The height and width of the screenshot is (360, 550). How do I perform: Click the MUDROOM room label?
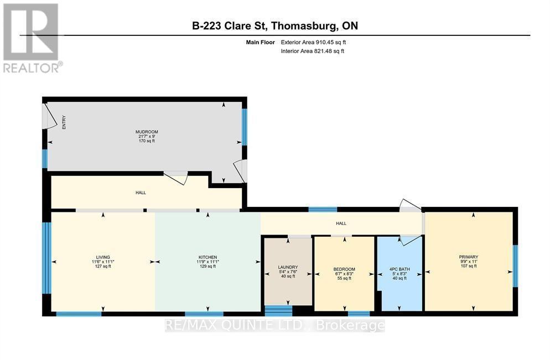pyautogui.click(x=147, y=132)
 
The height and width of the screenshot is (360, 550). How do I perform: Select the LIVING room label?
pyautogui.click(x=102, y=257)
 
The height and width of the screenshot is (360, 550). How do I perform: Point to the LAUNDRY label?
pyautogui.click(x=288, y=267)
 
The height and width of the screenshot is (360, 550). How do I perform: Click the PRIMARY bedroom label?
pyautogui.click(x=468, y=257)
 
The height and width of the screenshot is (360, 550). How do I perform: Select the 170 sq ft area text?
pyautogui.click(x=147, y=141)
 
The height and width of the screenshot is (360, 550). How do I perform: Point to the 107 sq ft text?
pyautogui.click(x=468, y=266)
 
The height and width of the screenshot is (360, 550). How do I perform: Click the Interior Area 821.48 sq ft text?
pyautogui.click(x=312, y=51)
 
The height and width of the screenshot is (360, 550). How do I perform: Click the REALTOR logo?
pyautogui.click(x=32, y=38)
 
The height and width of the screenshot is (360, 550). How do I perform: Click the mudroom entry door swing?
pyautogui.click(x=50, y=116)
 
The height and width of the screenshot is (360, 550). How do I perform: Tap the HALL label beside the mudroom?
pyautogui.click(x=141, y=192)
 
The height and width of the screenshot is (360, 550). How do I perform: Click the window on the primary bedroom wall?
pyautogui.click(x=515, y=266)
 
